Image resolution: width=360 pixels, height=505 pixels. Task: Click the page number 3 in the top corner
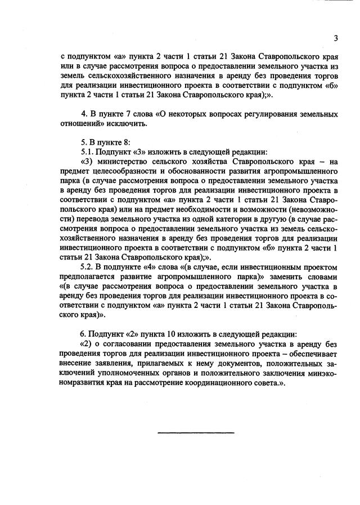[335, 38]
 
